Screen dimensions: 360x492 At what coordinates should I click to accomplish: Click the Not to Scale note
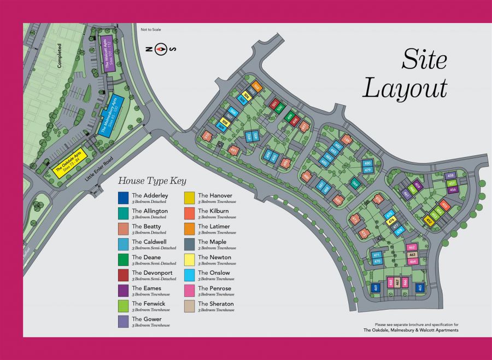tap(151, 30)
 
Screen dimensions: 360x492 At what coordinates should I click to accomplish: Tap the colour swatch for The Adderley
tap(124, 196)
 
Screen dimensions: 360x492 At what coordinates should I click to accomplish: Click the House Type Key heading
tap(153, 181)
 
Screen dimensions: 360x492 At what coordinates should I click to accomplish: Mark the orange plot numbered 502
tap(256, 87)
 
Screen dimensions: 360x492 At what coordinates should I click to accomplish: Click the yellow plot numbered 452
tap(429, 220)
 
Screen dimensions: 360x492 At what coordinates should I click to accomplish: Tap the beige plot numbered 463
tap(413, 254)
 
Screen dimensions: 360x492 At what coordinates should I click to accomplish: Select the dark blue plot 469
tap(375, 287)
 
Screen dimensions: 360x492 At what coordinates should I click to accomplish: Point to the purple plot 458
tap(450, 176)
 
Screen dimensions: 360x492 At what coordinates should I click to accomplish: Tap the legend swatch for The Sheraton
tap(190, 305)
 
